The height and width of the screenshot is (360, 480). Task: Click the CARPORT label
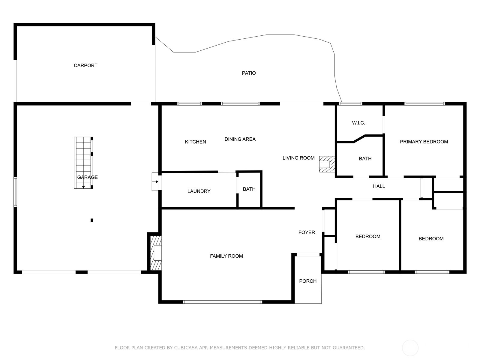click(85, 65)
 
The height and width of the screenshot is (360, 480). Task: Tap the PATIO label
click(249, 73)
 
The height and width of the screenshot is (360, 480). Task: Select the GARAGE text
click(88, 177)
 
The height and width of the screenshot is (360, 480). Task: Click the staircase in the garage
click(83, 163)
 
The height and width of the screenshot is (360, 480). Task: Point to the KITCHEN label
click(195, 142)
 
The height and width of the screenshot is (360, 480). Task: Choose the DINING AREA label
click(240, 139)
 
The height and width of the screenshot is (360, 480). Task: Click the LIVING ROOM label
click(298, 158)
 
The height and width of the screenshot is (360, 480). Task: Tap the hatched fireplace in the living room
click(327, 164)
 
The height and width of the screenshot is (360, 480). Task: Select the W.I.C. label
click(358, 123)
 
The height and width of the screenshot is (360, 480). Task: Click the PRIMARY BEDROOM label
click(424, 142)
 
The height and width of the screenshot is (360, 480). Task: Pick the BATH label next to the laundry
click(249, 189)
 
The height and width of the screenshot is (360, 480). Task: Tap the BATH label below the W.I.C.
click(365, 159)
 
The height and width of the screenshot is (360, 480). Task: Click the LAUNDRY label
click(199, 191)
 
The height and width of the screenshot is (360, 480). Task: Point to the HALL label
click(379, 186)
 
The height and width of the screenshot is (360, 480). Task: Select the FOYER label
click(307, 232)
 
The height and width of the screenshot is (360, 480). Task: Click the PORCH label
click(308, 281)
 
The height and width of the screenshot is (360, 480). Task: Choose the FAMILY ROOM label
click(226, 256)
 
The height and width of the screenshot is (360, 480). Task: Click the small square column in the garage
click(92, 220)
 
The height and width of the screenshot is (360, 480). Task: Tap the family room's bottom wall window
click(222, 302)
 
